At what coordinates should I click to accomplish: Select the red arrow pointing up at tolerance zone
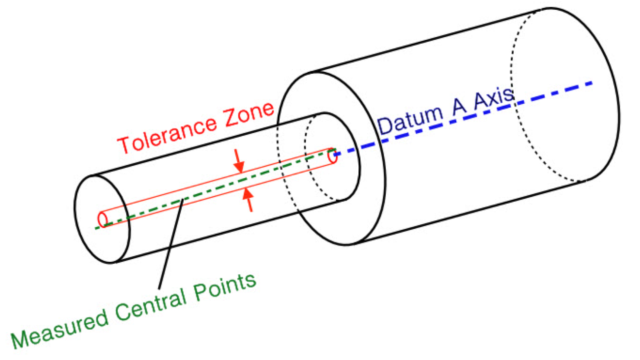coord(249,199)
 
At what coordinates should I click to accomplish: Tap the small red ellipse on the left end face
coord(103,219)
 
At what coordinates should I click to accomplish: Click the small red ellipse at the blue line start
coord(332,156)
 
